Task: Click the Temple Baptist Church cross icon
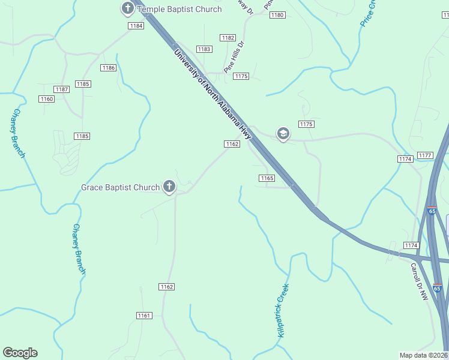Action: pos(127,8)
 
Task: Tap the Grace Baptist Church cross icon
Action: pos(169,187)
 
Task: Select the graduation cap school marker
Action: pos(283,133)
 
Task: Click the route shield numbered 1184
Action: pos(136,26)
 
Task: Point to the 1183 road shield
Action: pos(204,49)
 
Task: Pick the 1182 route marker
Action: pos(228,38)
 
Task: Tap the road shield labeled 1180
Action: pos(277,15)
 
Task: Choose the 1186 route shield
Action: pos(108,68)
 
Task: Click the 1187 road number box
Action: pos(62,89)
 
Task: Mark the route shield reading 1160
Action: pos(46,99)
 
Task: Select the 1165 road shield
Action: pos(267,178)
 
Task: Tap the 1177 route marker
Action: pos(426,155)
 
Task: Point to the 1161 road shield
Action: pos(144,316)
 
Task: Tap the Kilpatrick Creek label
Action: pos(283,310)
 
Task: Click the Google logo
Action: pos(20,353)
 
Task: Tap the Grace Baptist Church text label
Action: pos(121,188)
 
